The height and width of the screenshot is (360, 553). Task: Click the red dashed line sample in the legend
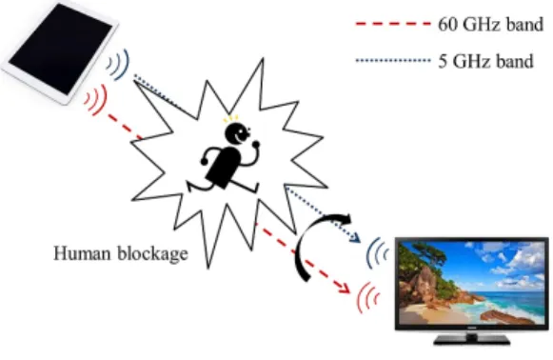tap(393, 24)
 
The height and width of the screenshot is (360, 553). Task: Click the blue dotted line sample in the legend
tap(393, 61)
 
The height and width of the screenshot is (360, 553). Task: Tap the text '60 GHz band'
tap(490, 25)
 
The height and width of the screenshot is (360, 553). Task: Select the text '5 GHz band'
tap(485, 61)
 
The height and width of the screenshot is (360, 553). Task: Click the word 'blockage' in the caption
tap(152, 253)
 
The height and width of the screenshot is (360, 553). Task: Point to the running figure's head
tap(237, 133)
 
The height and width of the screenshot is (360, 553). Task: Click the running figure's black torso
tap(223, 167)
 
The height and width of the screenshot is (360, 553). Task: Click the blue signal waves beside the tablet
tap(119, 64)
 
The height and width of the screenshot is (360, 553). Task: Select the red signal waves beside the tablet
tap(96, 99)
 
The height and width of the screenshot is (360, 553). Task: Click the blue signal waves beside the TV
tap(376, 252)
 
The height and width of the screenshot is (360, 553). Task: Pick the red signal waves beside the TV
tap(367, 297)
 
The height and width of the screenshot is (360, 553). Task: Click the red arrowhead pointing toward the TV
tap(344, 288)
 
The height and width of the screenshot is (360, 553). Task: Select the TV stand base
tap(472, 340)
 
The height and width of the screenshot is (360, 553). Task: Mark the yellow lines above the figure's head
tap(231, 119)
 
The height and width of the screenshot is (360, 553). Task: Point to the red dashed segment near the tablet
tap(125, 126)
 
